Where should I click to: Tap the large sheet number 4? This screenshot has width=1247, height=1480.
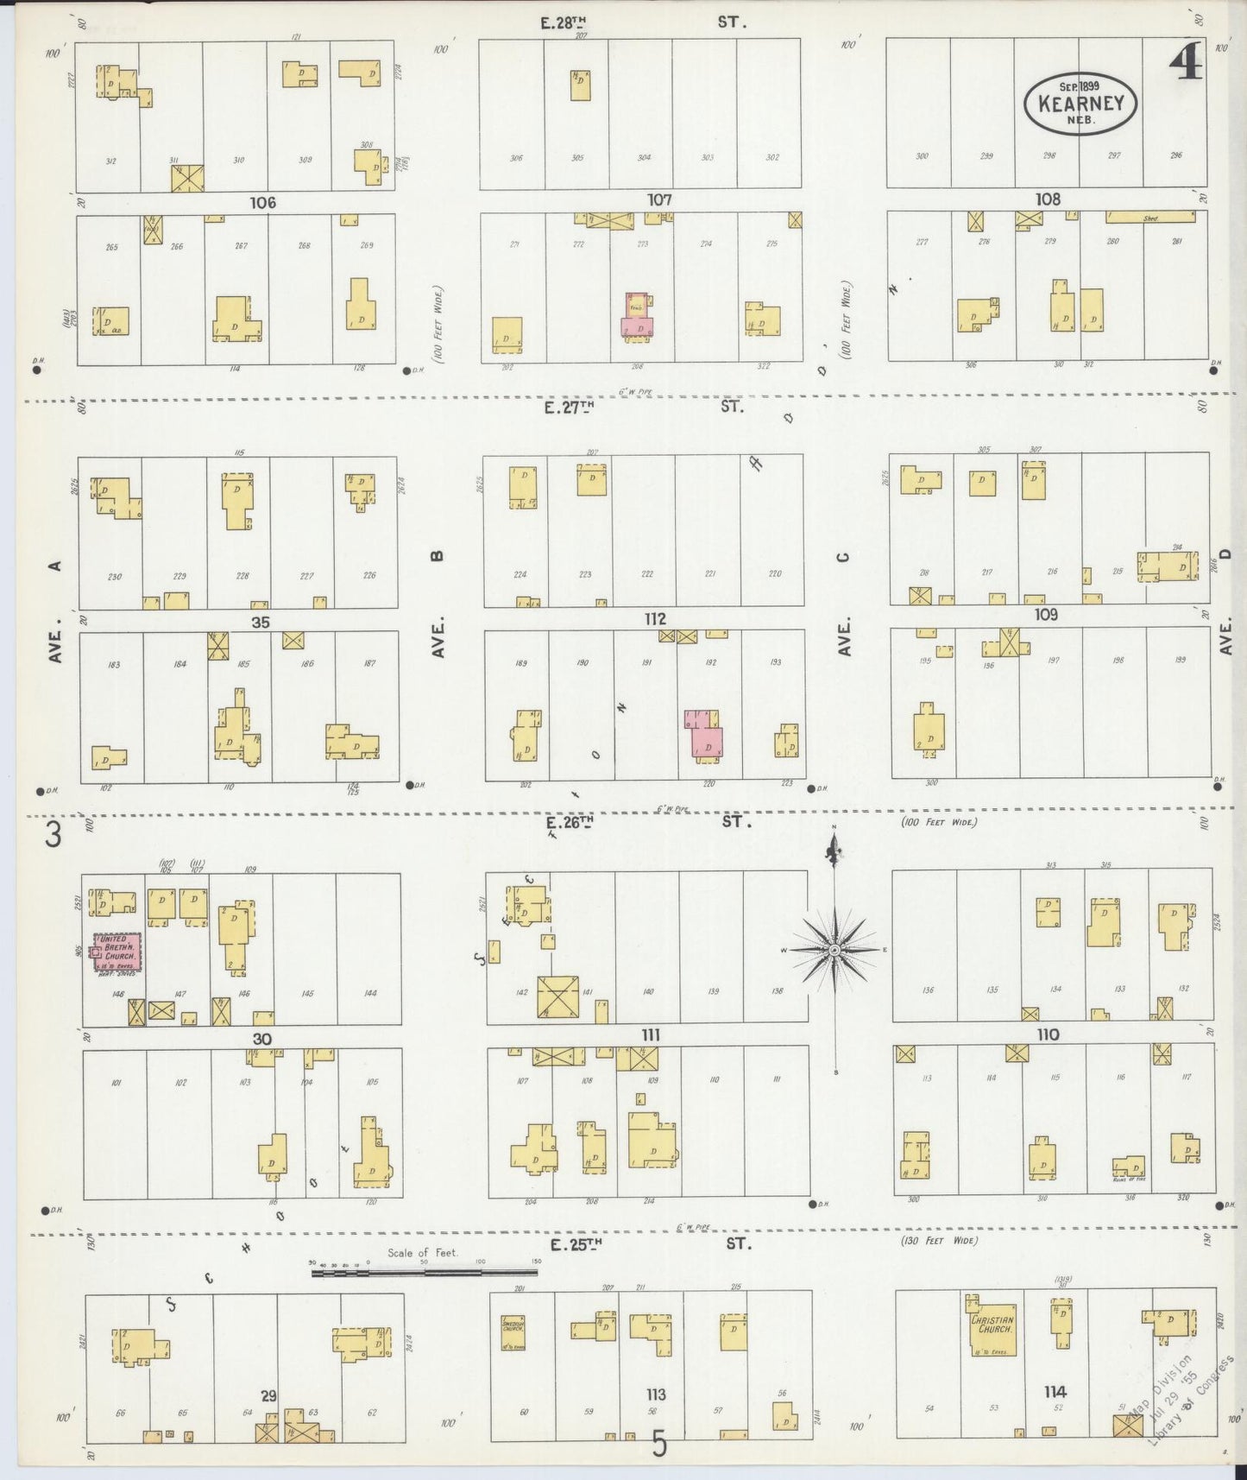(1186, 62)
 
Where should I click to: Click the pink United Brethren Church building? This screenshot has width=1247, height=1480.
(118, 953)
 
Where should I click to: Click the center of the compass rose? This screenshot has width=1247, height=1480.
(834, 950)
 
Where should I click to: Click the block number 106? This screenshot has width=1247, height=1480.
(262, 203)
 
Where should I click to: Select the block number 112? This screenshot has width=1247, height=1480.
(655, 619)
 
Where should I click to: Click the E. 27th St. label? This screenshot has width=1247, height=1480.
(570, 408)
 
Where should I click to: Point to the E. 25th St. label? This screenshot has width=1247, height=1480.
(576, 1244)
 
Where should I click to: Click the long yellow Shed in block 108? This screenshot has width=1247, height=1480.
(1150, 218)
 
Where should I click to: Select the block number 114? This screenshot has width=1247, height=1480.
(1055, 1392)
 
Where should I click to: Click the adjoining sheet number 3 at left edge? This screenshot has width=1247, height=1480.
(54, 836)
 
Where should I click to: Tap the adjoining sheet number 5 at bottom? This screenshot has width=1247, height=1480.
(659, 1445)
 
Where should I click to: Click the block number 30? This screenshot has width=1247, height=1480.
(261, 1039)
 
